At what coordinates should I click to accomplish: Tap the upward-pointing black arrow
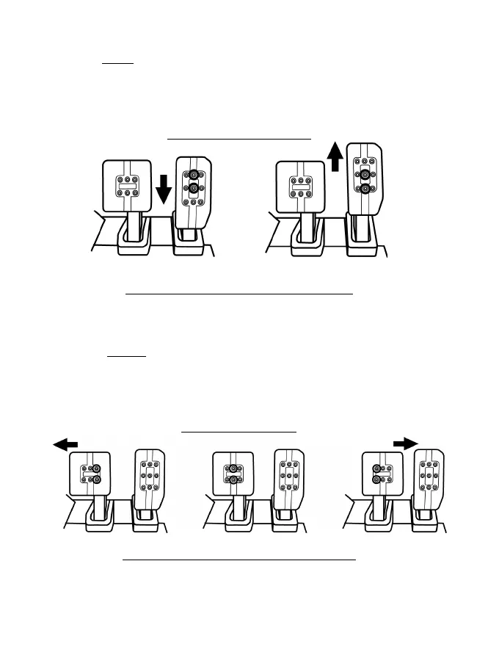pos(335,157)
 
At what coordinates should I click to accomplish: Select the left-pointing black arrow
pos(65,444)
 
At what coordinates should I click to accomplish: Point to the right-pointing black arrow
pos(404,443)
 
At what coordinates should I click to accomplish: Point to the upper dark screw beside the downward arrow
pos(194,175)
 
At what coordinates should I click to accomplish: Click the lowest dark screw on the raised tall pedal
pos(365,189)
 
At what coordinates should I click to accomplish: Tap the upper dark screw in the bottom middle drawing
pos(233,467)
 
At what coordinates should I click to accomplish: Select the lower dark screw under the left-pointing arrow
pos(95,479)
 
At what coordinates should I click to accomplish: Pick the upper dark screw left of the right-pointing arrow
pos(376,467)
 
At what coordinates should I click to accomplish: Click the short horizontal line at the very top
pos(117,63)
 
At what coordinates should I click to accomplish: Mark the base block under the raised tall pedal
pos(365,246)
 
